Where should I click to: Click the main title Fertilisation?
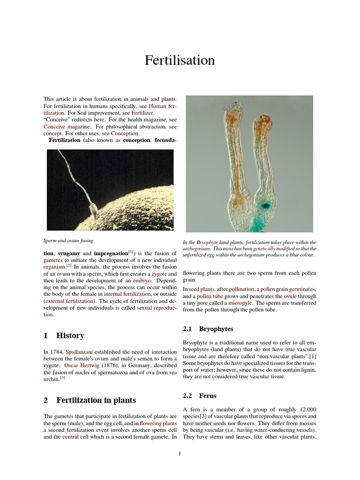[x=180, y=60]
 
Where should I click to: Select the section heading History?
[x=70, y=336]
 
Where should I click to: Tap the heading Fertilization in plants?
[x=96, y=400]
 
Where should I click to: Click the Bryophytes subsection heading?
[x=216, y=329]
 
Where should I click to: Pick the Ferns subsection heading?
[x=208, y=396]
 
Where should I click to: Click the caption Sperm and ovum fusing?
[x=68, y=240]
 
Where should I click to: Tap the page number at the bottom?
[x=180, y=453]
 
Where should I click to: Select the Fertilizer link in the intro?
[x=142, y=113]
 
